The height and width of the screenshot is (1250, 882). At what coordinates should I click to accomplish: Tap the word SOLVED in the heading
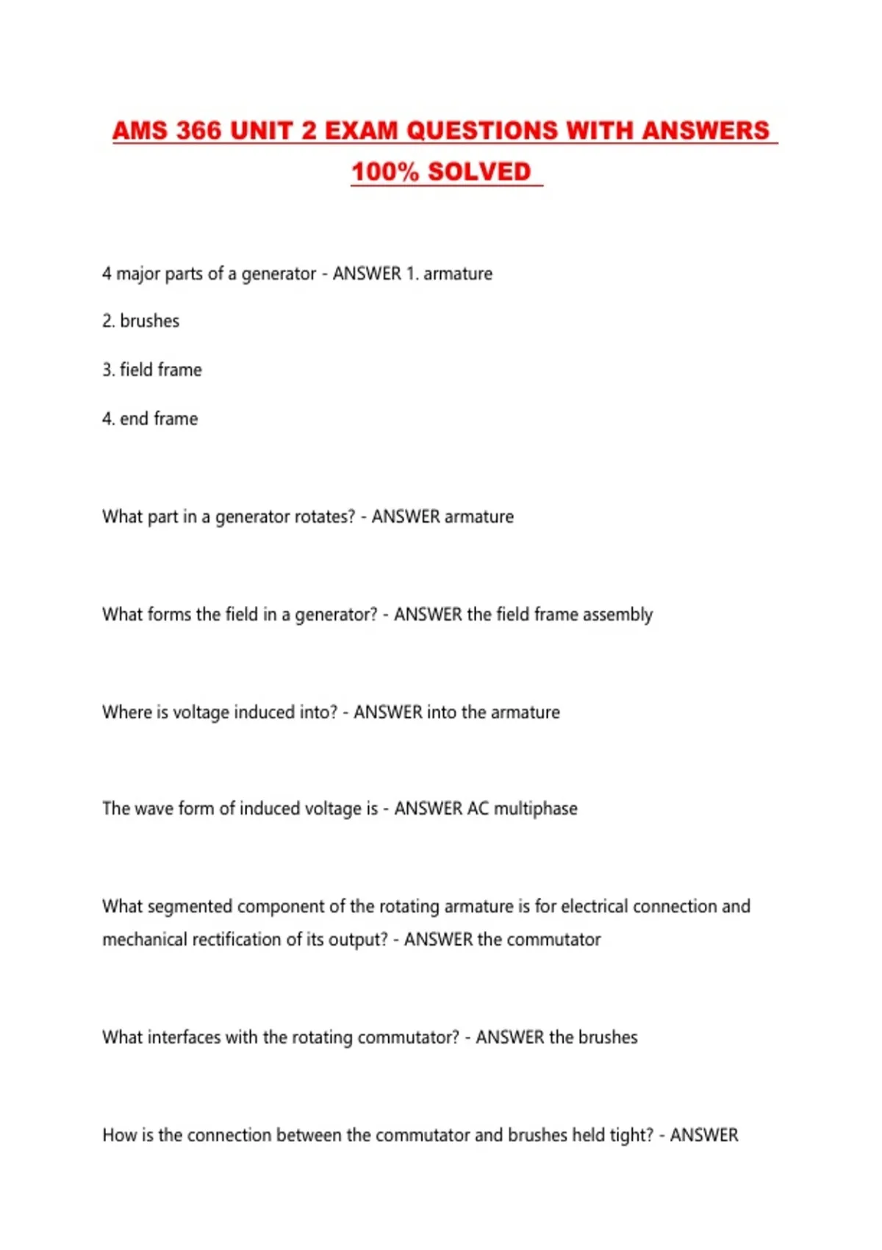coord(478,172)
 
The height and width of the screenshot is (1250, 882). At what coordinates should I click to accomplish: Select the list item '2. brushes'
coord(140,321)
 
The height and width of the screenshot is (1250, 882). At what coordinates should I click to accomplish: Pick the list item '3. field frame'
coord(151,370)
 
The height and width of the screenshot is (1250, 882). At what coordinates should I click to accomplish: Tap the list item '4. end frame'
coord(150,419)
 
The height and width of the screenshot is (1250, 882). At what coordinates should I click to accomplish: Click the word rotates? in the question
coord(324,517)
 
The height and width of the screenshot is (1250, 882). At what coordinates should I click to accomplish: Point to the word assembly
coord(617,615)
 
